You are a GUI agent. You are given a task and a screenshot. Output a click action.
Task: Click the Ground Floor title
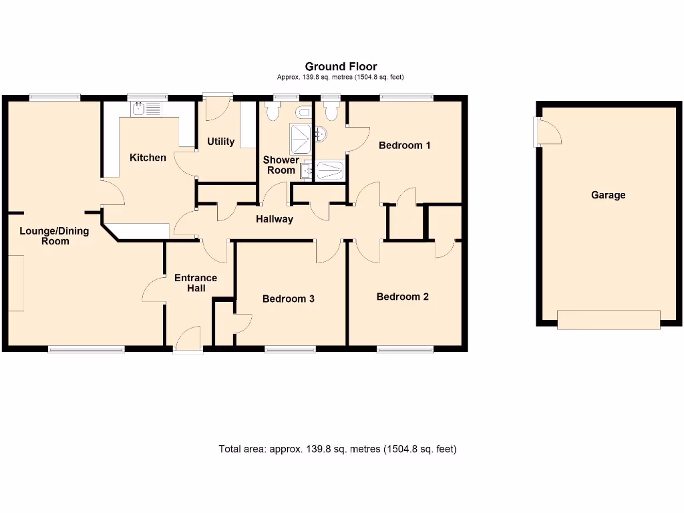341,67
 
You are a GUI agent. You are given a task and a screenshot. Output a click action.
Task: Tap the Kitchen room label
148,158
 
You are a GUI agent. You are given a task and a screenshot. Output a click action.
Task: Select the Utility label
220,142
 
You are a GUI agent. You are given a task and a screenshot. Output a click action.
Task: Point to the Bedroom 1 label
404,145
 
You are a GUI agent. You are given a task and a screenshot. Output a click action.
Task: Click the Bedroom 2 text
402,297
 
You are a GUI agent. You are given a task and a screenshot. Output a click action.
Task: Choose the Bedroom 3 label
288,299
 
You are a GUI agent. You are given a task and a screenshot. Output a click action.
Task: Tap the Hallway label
275,218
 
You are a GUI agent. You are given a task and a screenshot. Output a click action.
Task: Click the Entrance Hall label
196,283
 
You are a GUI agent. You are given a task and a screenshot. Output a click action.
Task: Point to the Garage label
608,195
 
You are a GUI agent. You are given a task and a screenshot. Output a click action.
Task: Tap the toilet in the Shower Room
273,111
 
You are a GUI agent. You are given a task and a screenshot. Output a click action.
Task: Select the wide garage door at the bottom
609,319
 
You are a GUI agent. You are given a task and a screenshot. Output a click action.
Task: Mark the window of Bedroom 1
406,98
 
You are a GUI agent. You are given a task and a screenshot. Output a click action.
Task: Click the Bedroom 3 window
290,349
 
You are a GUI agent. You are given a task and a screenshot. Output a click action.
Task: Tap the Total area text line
337,449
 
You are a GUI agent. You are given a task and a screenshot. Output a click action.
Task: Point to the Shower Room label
281,165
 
